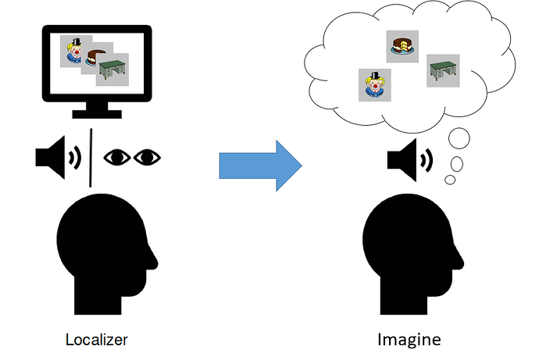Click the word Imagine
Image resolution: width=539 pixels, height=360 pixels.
409,340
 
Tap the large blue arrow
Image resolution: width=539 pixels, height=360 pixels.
259,166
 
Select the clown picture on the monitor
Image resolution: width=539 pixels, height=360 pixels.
75,51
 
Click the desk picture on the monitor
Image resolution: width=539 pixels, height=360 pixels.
114,69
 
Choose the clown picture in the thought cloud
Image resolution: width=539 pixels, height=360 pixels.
374,84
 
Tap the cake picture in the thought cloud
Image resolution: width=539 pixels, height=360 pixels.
402,46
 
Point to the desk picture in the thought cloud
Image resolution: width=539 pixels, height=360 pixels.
443,71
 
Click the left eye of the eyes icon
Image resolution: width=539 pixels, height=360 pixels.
118,157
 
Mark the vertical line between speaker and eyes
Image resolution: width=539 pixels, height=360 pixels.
93,157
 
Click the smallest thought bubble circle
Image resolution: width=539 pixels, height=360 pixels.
450,180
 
